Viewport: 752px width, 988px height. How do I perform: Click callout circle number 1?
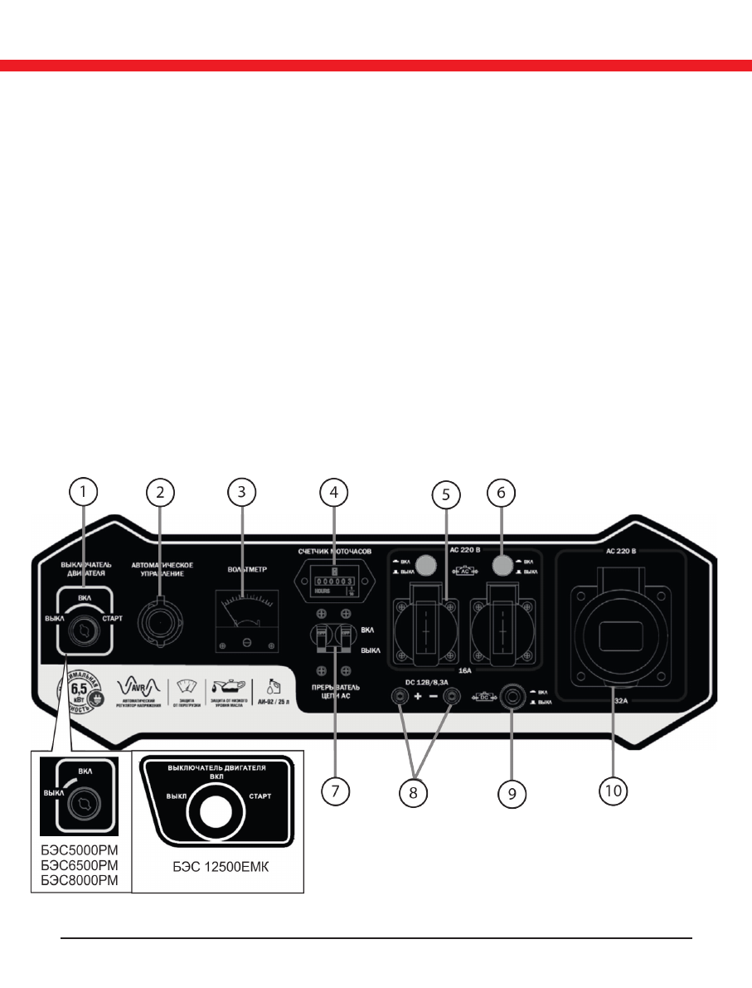pyautogui.click(x=82, y=492)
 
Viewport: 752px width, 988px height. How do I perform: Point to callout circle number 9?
pyautogui.click(x=512, y=793)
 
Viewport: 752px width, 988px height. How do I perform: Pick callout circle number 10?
pyautogui.click(x=613, y=790)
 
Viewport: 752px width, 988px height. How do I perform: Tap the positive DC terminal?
pyautogui.click(x=401, y=698)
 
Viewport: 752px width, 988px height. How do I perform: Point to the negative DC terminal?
pyautogui.click(x=452, y=698)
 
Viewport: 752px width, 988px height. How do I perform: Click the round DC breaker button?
pyautogui.click(x=512, y=697)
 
